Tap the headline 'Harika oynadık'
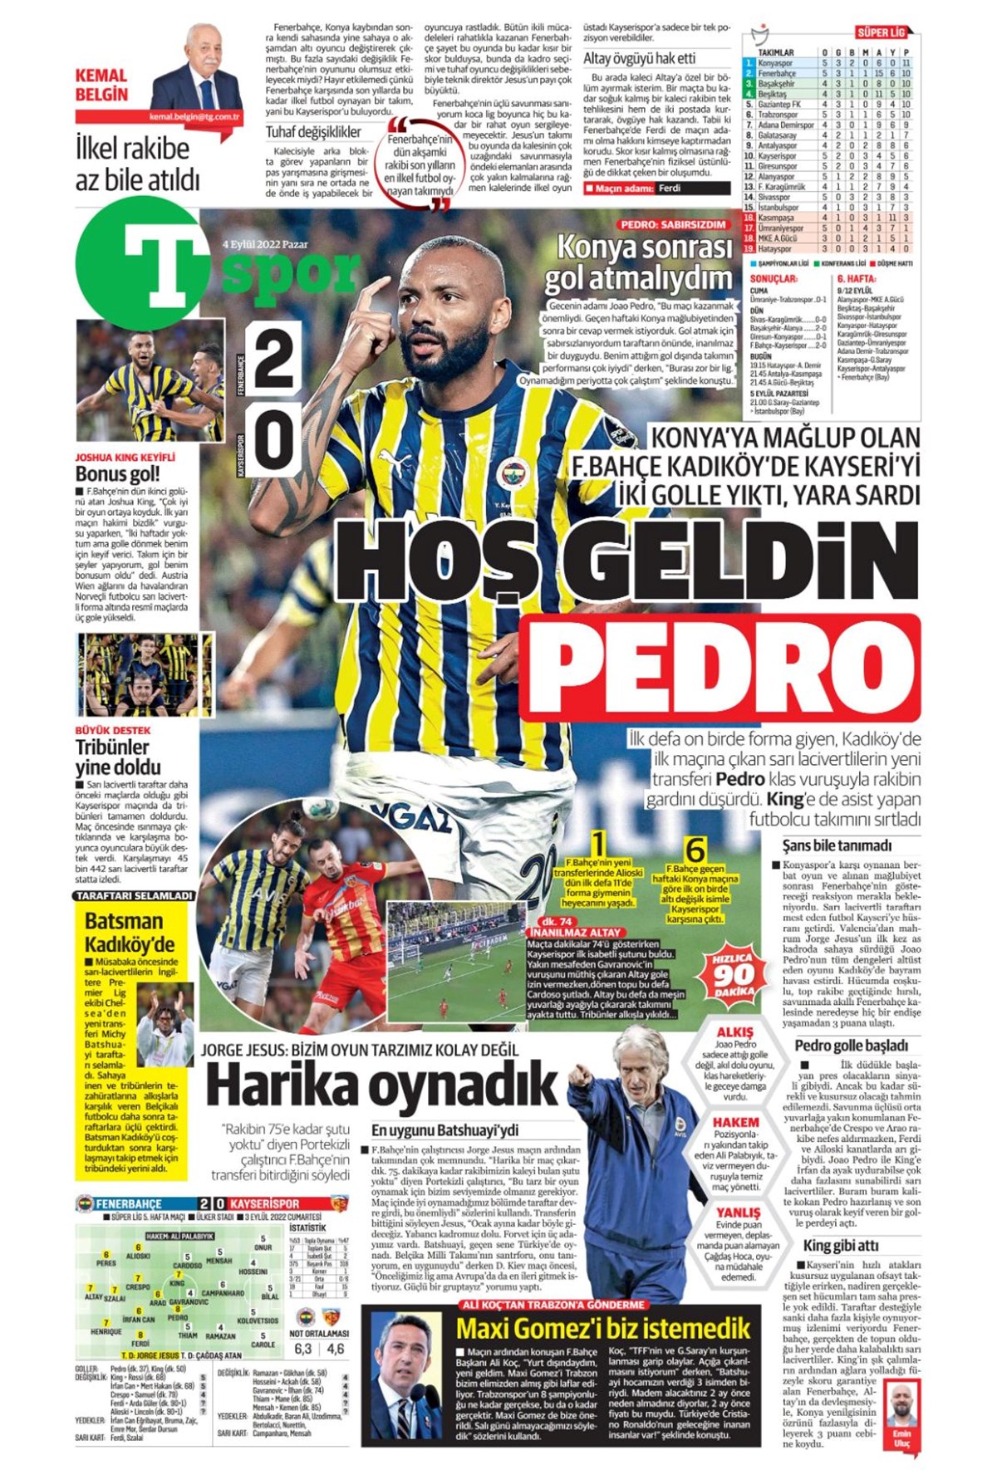tap(381, 1085)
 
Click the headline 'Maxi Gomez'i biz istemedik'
tap(603, 1328)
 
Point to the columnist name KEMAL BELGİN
tap(101, 85)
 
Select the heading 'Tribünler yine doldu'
tap(118, 756)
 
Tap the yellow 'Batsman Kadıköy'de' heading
tap(130, 932)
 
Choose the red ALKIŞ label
tap(734, 1032)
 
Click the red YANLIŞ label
tap(738, 1213)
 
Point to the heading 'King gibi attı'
tap(840, 1244)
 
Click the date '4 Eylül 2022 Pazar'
tap(263, 245)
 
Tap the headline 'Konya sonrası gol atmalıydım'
tap(638, 263)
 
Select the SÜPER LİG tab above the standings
tap(880, 33)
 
